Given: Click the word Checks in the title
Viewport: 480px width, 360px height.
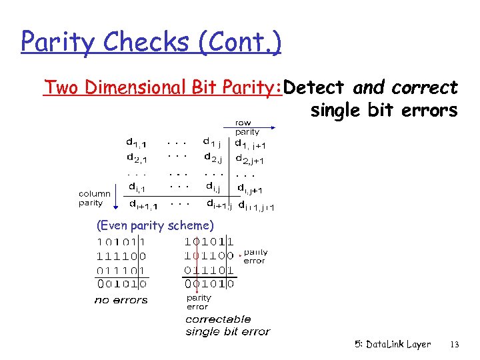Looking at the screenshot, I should coord(136,43).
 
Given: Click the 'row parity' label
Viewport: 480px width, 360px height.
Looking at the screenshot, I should coord(247,127).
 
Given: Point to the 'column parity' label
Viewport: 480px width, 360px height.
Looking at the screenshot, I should coord(95,198).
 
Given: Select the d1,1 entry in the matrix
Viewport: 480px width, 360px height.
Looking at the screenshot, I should coord(138,142).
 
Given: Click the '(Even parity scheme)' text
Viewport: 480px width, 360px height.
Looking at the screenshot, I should coord(155,225).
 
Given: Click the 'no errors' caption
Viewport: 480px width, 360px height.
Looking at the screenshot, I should coord(121,300).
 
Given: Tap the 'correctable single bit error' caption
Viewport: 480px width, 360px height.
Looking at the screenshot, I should coord(227,325).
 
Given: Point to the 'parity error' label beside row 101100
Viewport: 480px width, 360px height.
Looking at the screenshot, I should coord(255,257).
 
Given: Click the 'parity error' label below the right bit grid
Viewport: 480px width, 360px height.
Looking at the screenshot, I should coord(198,303).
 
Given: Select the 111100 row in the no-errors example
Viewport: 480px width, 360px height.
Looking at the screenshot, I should coord(122,255).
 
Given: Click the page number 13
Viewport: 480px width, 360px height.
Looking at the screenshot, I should coord(455,345).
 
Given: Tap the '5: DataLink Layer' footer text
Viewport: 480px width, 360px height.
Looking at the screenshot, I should coord(393,345).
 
